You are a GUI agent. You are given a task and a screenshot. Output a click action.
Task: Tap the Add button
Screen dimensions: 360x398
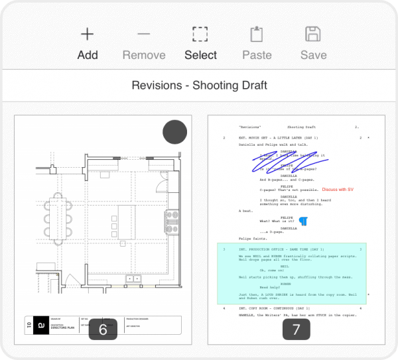[88, 42]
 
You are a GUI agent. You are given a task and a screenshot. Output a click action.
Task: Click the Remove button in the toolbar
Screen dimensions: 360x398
[144, 42]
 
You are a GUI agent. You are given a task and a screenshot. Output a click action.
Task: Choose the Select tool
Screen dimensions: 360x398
[200, 42]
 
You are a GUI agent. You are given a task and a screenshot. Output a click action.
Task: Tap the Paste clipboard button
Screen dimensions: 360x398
[257, 42]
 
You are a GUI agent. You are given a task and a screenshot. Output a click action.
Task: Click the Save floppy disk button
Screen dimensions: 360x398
[313, 42]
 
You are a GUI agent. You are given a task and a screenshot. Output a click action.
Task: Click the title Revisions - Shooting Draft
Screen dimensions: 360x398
[199, 86]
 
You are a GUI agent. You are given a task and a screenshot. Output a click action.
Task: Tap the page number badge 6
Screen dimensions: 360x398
[103, 329]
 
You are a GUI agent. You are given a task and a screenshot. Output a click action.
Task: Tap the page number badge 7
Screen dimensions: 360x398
[296, 329]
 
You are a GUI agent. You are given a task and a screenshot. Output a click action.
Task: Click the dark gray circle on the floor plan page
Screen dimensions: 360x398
[174, 132]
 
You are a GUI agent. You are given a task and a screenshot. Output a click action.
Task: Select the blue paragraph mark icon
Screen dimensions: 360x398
[303, 221]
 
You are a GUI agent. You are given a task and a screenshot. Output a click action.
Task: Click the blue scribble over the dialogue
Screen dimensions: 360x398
[279, 163]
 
